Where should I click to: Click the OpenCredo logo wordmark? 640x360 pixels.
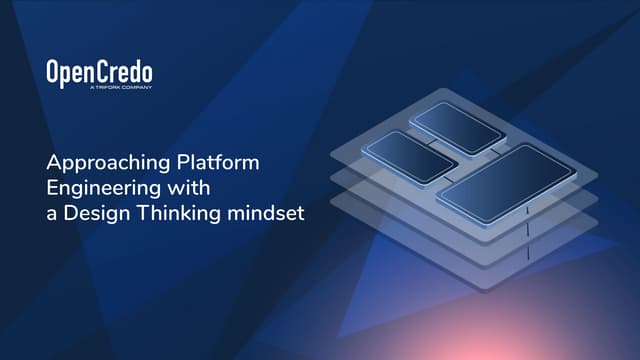pos(99,72)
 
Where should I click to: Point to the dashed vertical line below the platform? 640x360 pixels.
pos(527,240)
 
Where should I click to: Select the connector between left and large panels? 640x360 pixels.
pos(446,171)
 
